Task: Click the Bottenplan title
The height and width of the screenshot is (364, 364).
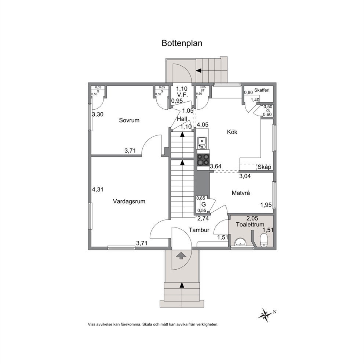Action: [182, 43]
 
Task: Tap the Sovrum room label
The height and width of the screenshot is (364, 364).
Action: [129, 120]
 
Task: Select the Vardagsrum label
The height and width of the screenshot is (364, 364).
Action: [129, 201]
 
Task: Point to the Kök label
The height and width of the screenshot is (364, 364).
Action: [232, 132]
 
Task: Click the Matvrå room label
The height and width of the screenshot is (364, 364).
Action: [241, 193]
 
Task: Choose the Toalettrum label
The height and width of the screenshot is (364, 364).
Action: [250, 225]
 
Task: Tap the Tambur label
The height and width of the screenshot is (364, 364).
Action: [199, 230]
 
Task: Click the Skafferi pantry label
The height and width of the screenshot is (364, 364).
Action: [262, 90]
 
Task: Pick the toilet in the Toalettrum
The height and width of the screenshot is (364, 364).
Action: [264, 240]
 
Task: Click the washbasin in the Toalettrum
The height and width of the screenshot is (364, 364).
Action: [240, 242]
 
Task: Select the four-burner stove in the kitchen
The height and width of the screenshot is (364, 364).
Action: [203, 160]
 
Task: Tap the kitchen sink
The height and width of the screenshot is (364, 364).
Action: [202, 143]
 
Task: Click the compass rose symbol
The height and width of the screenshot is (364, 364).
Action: [265, 315]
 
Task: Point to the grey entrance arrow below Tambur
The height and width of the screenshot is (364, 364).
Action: [181, 256]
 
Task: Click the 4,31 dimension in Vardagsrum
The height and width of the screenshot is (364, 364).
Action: [98, 189]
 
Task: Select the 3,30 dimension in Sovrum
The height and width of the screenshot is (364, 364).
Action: [98, 114]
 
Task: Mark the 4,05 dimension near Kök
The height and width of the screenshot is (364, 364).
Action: [203, 125]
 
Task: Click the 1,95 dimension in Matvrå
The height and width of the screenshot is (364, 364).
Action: [266, 205]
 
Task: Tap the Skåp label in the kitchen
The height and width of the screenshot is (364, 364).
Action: [265, 167]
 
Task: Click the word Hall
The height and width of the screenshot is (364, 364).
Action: [182, 119]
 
